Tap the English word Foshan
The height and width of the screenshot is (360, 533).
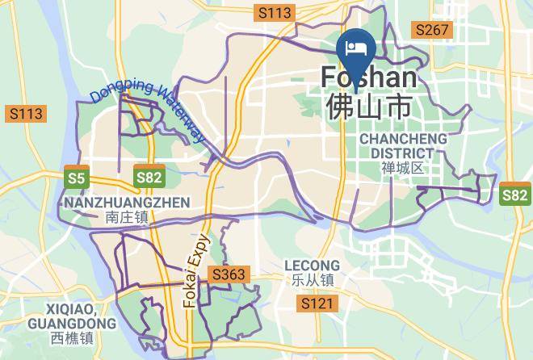(x=369, y=77)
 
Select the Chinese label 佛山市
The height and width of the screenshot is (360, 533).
(x=369, y=106)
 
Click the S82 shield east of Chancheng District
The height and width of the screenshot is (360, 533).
(x=515, y=195)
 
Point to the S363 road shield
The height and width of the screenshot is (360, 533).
(x=228, y=275)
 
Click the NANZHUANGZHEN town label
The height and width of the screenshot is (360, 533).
(x=125, y=203)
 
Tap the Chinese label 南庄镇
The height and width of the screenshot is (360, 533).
(x=126, y=217)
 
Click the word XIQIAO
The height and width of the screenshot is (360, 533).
(x=72, y=309)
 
